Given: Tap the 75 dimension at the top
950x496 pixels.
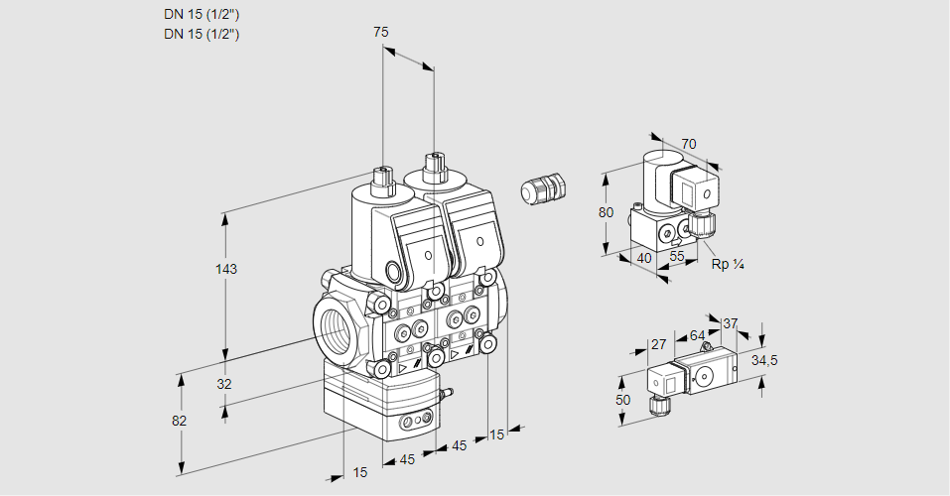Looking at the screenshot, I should [380, 33].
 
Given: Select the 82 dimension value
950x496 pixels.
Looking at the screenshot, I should [180, 421].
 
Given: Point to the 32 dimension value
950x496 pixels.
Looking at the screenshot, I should [224, 384].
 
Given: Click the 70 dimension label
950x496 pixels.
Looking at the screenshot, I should [689, 144].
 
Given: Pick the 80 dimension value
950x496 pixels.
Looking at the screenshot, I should [607, 212].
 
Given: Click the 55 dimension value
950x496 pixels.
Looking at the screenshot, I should [678, 256].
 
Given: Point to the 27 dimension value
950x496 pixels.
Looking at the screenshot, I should [658, 344].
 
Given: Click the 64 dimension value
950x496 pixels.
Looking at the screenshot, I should [697, 336].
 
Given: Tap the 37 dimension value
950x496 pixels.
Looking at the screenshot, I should [731, 323].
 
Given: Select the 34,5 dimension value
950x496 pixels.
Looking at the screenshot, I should [764, 360].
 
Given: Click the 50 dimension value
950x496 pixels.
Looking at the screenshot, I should [623, 399].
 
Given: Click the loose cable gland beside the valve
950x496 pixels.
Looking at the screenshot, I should [542, 188].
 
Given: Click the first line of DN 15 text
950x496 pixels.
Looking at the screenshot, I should [202, 14].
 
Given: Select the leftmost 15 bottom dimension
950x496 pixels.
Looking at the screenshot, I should [359, 472].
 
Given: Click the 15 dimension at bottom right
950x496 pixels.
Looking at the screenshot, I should [496, 434].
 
